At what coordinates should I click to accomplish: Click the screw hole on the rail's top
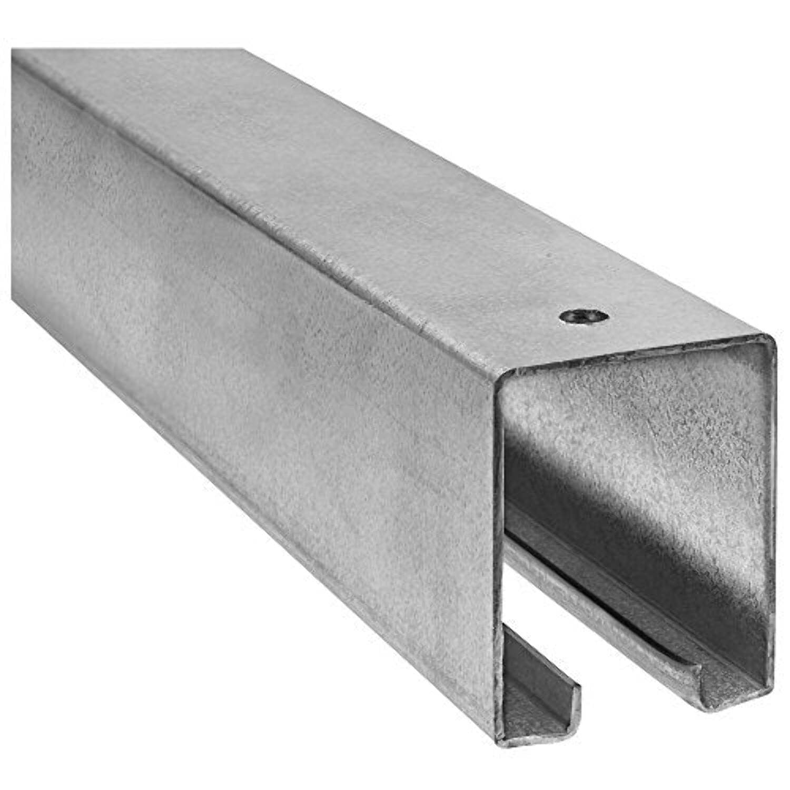coord(584,317)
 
